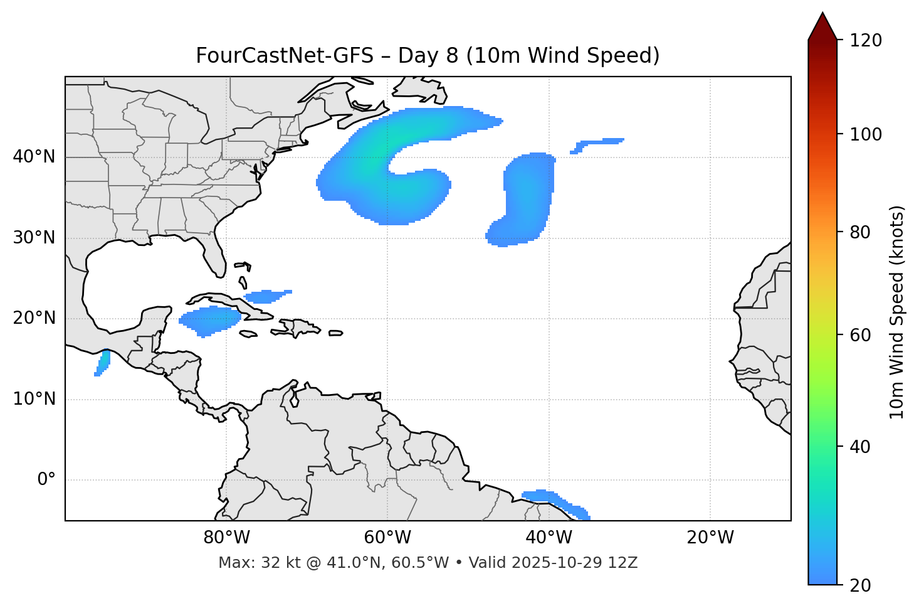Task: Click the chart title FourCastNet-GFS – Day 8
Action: pos(428,56)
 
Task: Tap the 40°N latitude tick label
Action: pos(34,157)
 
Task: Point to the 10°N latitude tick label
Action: pos(34,399)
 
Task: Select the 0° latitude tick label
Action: pos(46,480)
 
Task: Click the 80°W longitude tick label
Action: pos(226,538)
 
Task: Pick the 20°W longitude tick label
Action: pos(710,538)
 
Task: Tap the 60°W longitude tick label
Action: pos(387,538)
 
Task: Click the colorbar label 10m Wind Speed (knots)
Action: pos(897,312)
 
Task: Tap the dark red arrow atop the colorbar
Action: pos(822,27)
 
